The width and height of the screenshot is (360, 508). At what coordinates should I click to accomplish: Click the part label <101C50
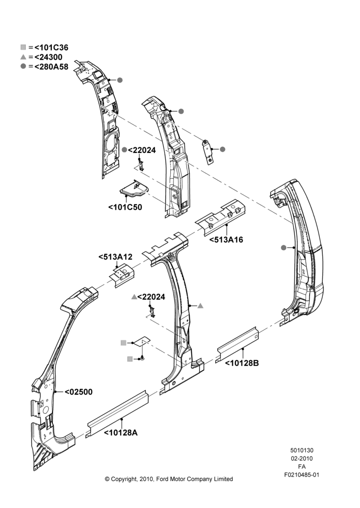click(125, 207)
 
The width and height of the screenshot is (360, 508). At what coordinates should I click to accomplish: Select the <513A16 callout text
click(226, 240)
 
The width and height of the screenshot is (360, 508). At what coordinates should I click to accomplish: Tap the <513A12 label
click(115, 257)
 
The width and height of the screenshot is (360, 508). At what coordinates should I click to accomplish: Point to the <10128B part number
click(242, 363)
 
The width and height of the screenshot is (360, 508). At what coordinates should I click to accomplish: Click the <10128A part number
click(121, 432)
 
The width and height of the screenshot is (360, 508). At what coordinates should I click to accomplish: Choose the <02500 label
click(78, 392)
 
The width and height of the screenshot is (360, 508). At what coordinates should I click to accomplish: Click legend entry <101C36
click(51, 48)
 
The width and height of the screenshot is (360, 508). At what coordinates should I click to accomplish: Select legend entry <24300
click(48, 57)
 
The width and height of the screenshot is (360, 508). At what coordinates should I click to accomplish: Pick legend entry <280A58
click(51, 67)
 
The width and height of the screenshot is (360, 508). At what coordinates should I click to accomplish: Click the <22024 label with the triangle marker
click(151, 297)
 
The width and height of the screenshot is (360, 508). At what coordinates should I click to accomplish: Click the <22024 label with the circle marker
click(142, 150)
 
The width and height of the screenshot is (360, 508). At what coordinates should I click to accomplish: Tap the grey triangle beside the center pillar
click(200, 305)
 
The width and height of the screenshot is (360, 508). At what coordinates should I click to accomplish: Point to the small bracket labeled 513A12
click(122, 275)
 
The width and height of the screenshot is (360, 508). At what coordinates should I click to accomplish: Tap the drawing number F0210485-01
click(302, 475)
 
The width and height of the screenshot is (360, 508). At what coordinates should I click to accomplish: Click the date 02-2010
click(302, 458)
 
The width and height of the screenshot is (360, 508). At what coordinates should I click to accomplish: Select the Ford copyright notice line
click(169, 479)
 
